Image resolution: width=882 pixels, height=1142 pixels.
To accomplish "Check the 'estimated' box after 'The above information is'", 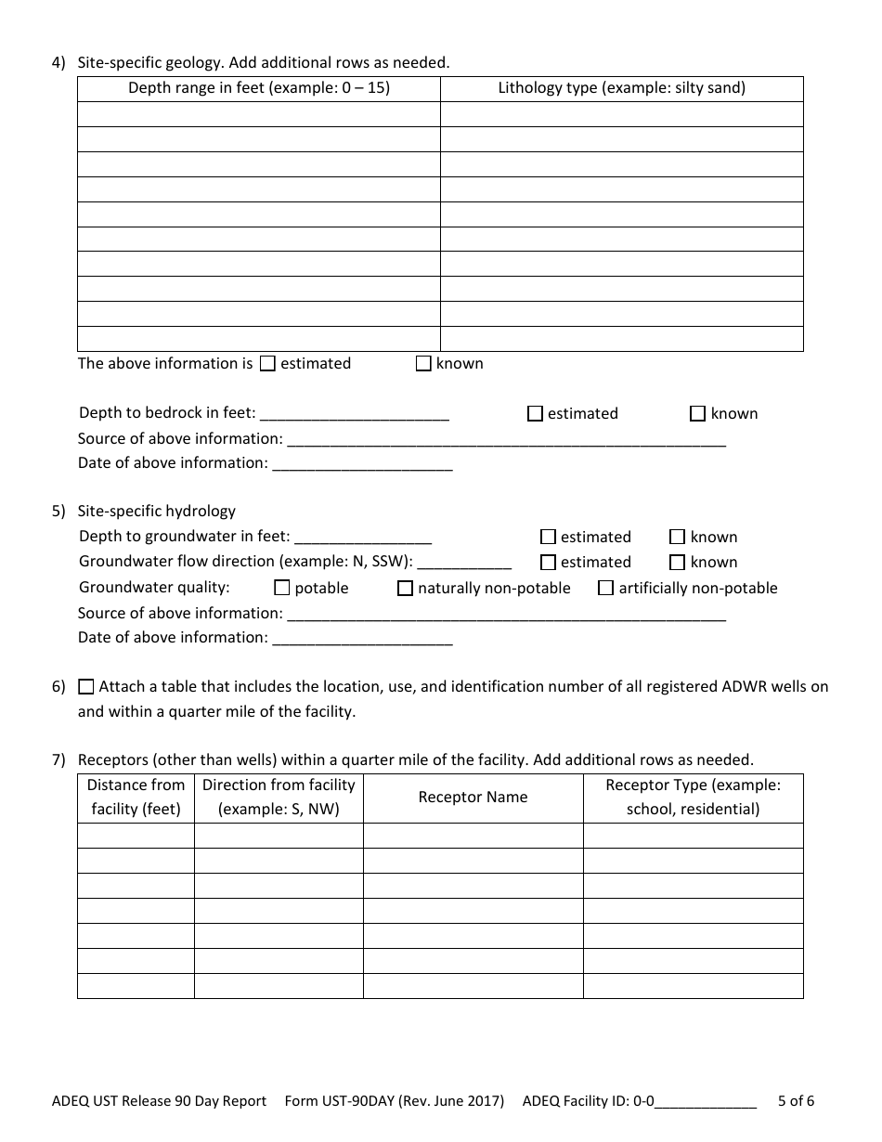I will point(267,364).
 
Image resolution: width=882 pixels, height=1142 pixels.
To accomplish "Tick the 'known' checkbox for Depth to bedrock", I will point(697,414).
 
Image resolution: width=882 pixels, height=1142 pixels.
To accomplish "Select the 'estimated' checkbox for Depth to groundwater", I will point(548,538).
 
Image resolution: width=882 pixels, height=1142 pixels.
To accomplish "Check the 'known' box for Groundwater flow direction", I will point(677,563).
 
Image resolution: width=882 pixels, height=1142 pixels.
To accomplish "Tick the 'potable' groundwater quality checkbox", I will point(282,589).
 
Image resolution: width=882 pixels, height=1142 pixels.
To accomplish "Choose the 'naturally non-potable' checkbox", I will point(405,589).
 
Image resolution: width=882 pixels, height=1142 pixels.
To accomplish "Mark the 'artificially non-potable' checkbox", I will point(605,589).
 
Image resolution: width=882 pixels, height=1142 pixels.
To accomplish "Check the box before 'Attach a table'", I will point(86,688).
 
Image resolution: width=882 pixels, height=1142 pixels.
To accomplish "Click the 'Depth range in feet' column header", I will point(258,89).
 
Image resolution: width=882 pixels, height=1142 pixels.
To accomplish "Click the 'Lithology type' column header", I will point(621,89).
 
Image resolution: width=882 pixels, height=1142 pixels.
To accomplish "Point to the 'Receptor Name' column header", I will point(473,798).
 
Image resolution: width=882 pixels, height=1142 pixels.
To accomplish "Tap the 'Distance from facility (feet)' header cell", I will point(136,798).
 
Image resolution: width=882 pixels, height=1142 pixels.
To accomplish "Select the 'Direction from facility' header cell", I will point(279,798).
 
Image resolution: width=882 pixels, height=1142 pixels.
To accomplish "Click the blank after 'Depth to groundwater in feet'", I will point(363,538).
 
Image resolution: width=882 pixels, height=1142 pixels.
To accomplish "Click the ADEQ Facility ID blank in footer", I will point(706,1102).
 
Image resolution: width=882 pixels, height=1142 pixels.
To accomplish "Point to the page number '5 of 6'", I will point(796,1102).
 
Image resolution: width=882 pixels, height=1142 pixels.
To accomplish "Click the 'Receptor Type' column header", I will point(693,798).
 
